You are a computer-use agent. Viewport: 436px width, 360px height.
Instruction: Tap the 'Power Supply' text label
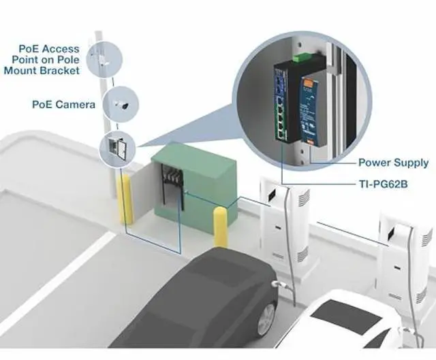(x=393, y=163)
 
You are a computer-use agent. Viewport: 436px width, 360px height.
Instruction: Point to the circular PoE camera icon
(x=122, y=104)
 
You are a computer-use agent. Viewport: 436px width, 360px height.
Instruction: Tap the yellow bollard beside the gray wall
(x=126, y=199)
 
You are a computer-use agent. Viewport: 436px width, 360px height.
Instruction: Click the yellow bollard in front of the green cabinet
(x=221, y=227)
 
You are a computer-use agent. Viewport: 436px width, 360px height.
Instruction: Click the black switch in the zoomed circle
(x=287, y=102)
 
